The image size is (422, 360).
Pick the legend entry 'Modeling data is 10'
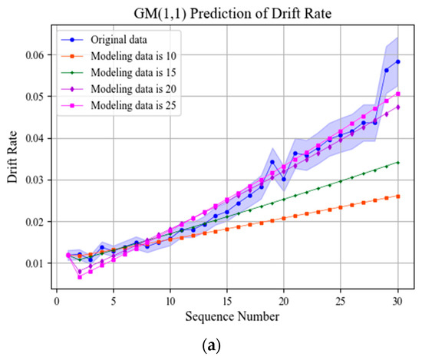(x=135, y=56)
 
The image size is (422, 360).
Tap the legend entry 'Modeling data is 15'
(x=135, y=73)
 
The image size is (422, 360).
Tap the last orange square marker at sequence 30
(x=397, y=197)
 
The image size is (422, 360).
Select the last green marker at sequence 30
(x=397, y=162)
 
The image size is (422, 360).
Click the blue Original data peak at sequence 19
(x=272, y=162)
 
